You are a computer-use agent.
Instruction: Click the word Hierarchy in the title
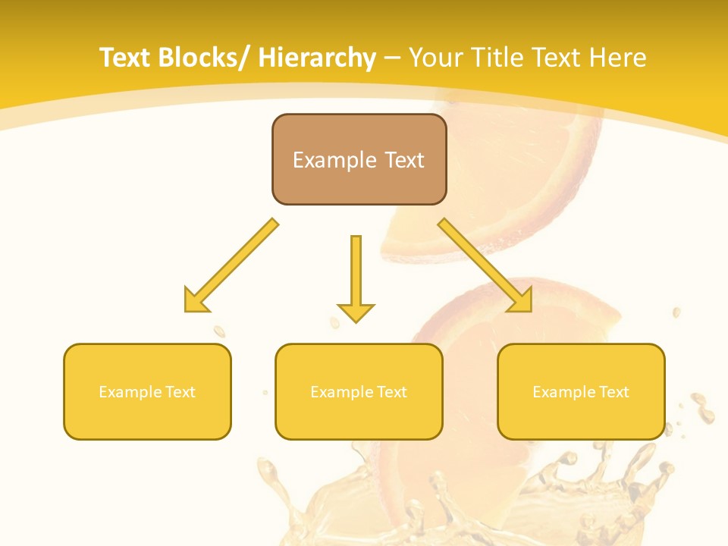pyautogui.click(x=317, y=58)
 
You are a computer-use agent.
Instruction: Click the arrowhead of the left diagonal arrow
pyautogui.click(x=194, y=301)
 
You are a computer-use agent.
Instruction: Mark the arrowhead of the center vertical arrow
pyautogui.click(x=356, y=312)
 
